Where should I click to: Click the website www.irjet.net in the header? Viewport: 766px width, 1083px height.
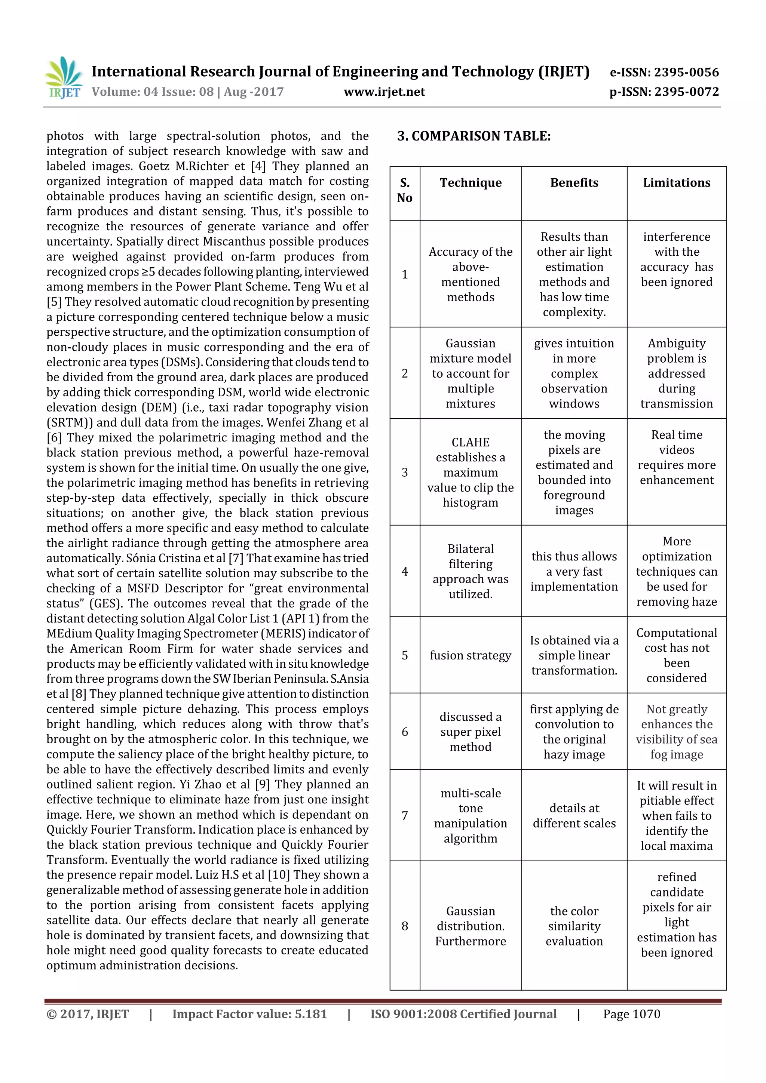pos(384,92)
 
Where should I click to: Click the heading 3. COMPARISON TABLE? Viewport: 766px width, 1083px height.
pos(474,136)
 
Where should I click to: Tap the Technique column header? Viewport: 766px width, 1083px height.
pos(471,183)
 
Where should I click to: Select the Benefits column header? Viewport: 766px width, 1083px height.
pos(574,183)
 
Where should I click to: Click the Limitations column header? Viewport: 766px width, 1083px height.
pos(676,183)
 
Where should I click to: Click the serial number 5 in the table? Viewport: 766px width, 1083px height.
pos(404,655)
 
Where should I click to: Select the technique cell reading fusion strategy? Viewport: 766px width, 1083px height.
pos(471,655)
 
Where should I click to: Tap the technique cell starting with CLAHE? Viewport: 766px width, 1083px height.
pos(471,472)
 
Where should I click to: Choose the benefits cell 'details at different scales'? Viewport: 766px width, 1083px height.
pos(574,816)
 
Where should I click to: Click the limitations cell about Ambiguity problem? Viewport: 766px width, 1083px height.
pos(676,373)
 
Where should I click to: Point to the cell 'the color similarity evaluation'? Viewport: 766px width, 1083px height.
pos(574,926)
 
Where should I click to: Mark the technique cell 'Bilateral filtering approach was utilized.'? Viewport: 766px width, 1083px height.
pos(471,571)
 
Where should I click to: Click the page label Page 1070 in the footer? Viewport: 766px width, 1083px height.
pos(631,1014)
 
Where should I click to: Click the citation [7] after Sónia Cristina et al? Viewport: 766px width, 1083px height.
pos(236,558)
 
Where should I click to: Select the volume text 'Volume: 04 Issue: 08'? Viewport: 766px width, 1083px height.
pos(153,92)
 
